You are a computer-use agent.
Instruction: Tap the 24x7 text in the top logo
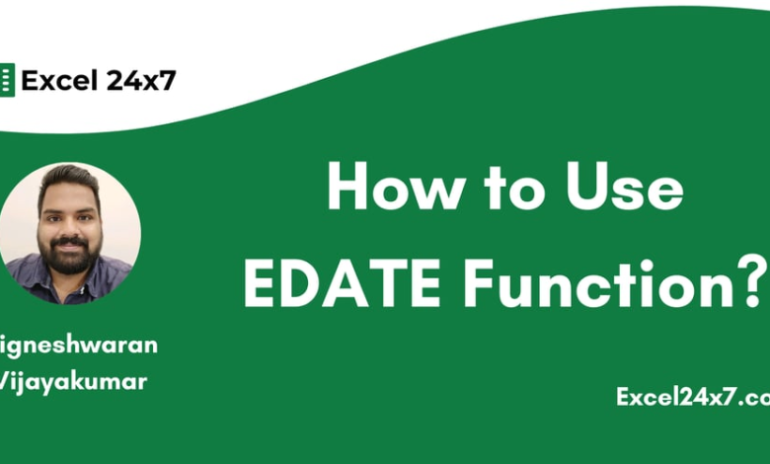coord(140,81)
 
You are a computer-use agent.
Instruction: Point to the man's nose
coord(68,225)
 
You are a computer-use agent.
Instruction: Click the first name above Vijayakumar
coord(79,345)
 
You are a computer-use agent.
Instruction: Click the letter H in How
coord(348,189)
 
